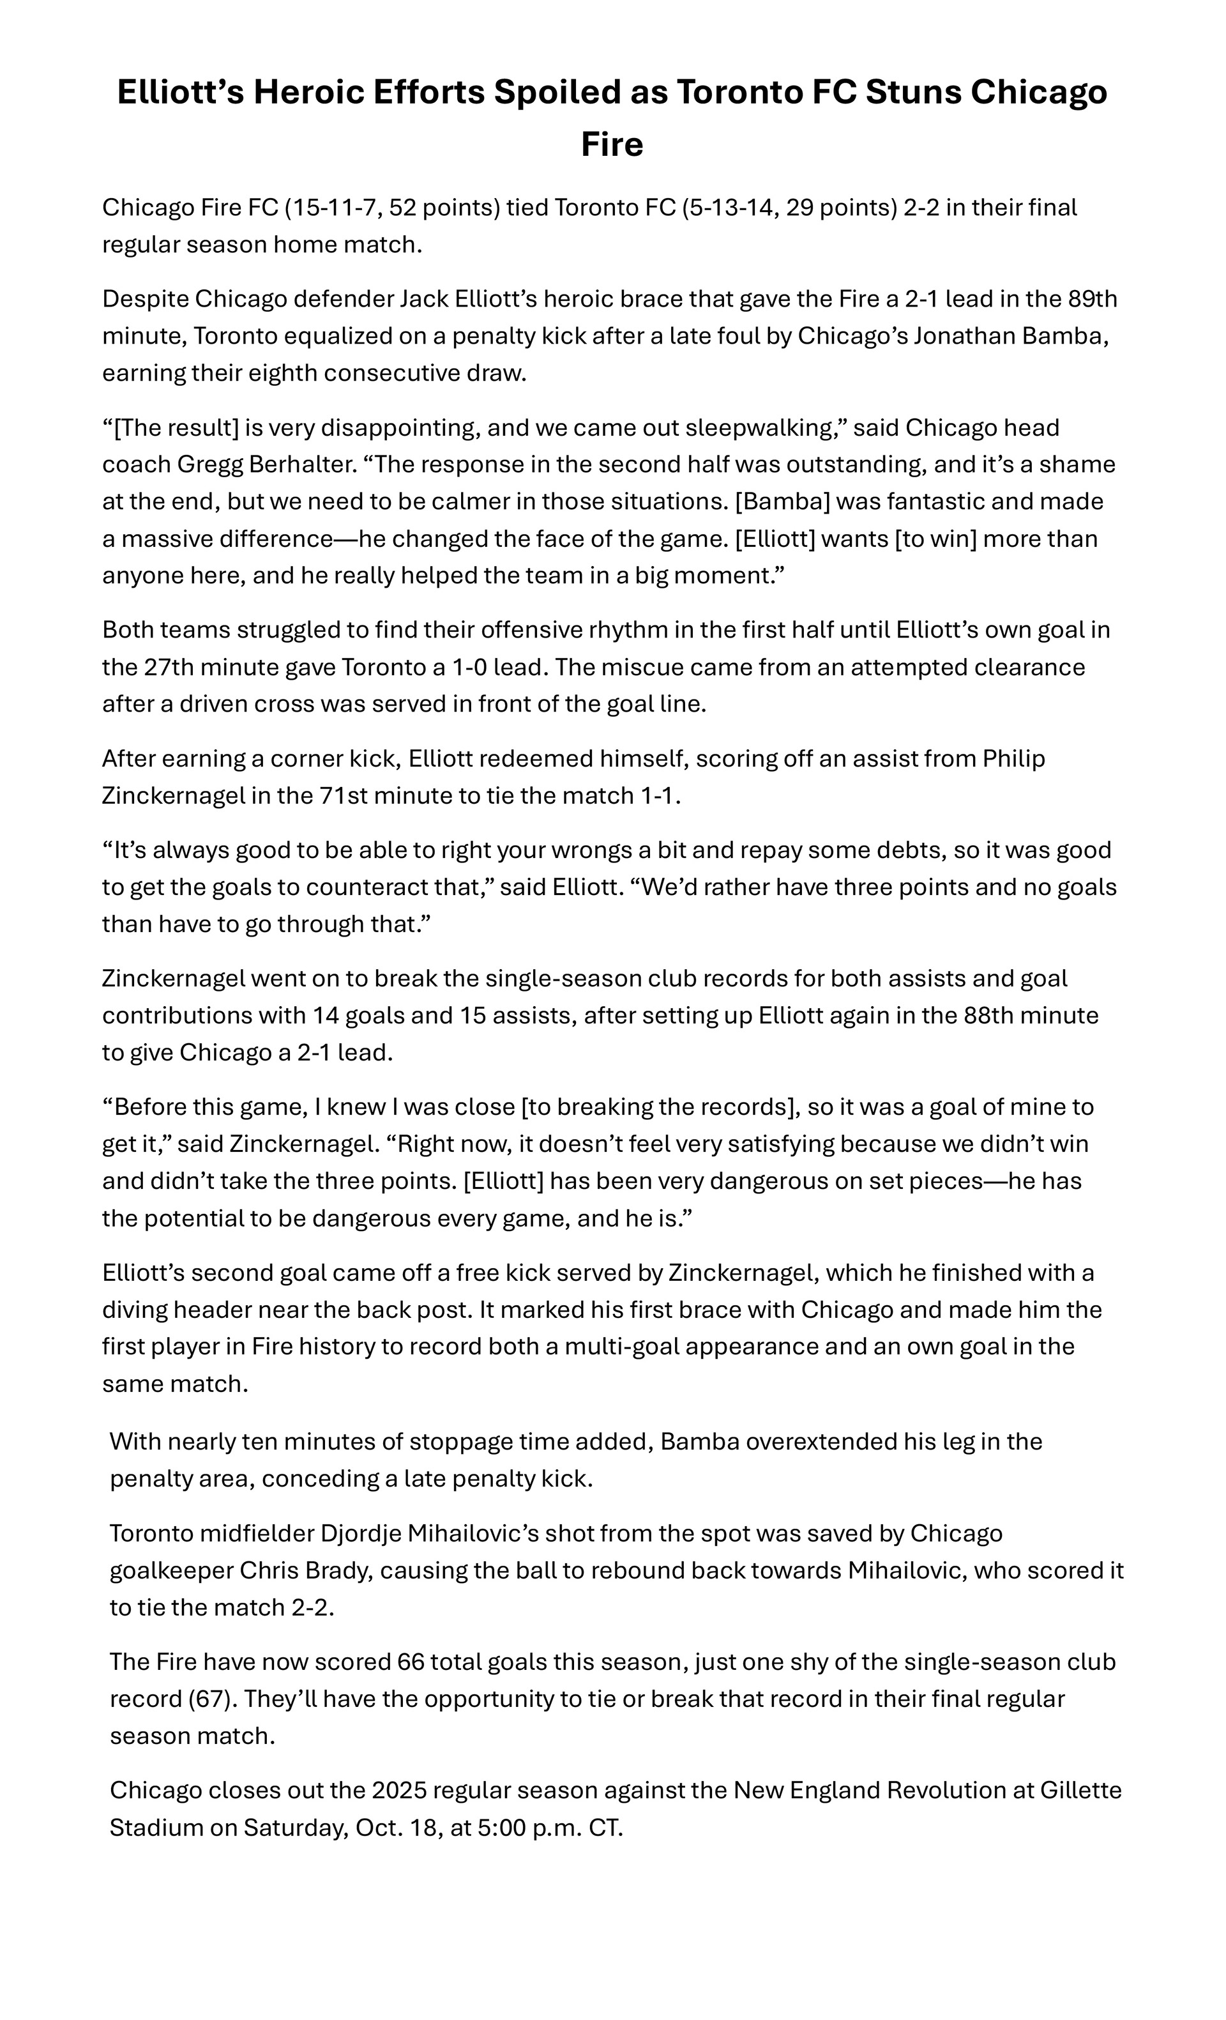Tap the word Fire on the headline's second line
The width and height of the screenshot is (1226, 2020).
pyautogui.click(x=612, y=145)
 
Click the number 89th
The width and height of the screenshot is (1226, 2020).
pyautogui.click(x=1093, y=299)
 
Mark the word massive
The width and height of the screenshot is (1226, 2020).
pyautogui.click(x=165, y=539)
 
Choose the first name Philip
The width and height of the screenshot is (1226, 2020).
pyautogui.click(x=1014, y=759)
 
